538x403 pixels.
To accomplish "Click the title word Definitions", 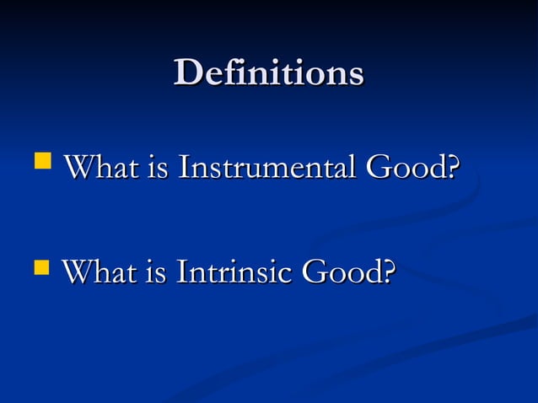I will click(268, 73).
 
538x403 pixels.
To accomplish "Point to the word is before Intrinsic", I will click(155, 273).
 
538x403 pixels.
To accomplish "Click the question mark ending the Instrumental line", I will click(454, 167).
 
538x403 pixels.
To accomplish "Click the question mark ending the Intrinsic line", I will click(388, 273).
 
